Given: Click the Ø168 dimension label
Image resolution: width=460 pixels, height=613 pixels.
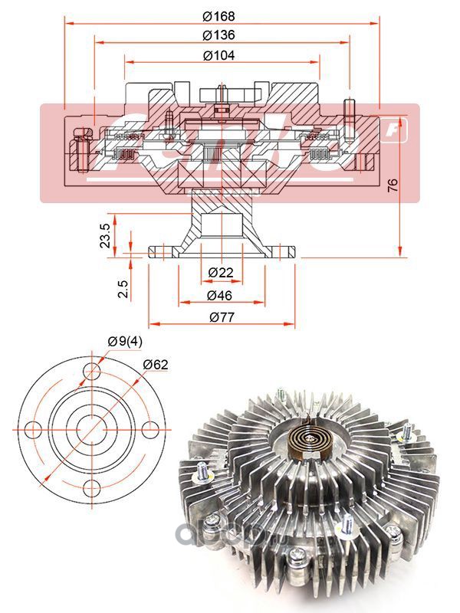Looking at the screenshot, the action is [219, 15].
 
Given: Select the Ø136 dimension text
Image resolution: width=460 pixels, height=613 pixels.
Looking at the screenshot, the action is [219, 35].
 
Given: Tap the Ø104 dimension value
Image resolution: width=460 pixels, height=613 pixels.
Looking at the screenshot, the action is [219, 55].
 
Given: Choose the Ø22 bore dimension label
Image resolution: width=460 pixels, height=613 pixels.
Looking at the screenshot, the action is [221, 274].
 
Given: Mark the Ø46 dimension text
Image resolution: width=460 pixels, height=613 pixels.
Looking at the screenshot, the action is [219, 296].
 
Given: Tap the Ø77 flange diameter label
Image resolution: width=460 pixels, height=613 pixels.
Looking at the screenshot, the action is [219, 317].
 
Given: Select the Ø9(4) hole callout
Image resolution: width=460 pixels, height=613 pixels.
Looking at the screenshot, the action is [123, 340].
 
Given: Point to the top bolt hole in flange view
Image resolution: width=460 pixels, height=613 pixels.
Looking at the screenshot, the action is [93, 374].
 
